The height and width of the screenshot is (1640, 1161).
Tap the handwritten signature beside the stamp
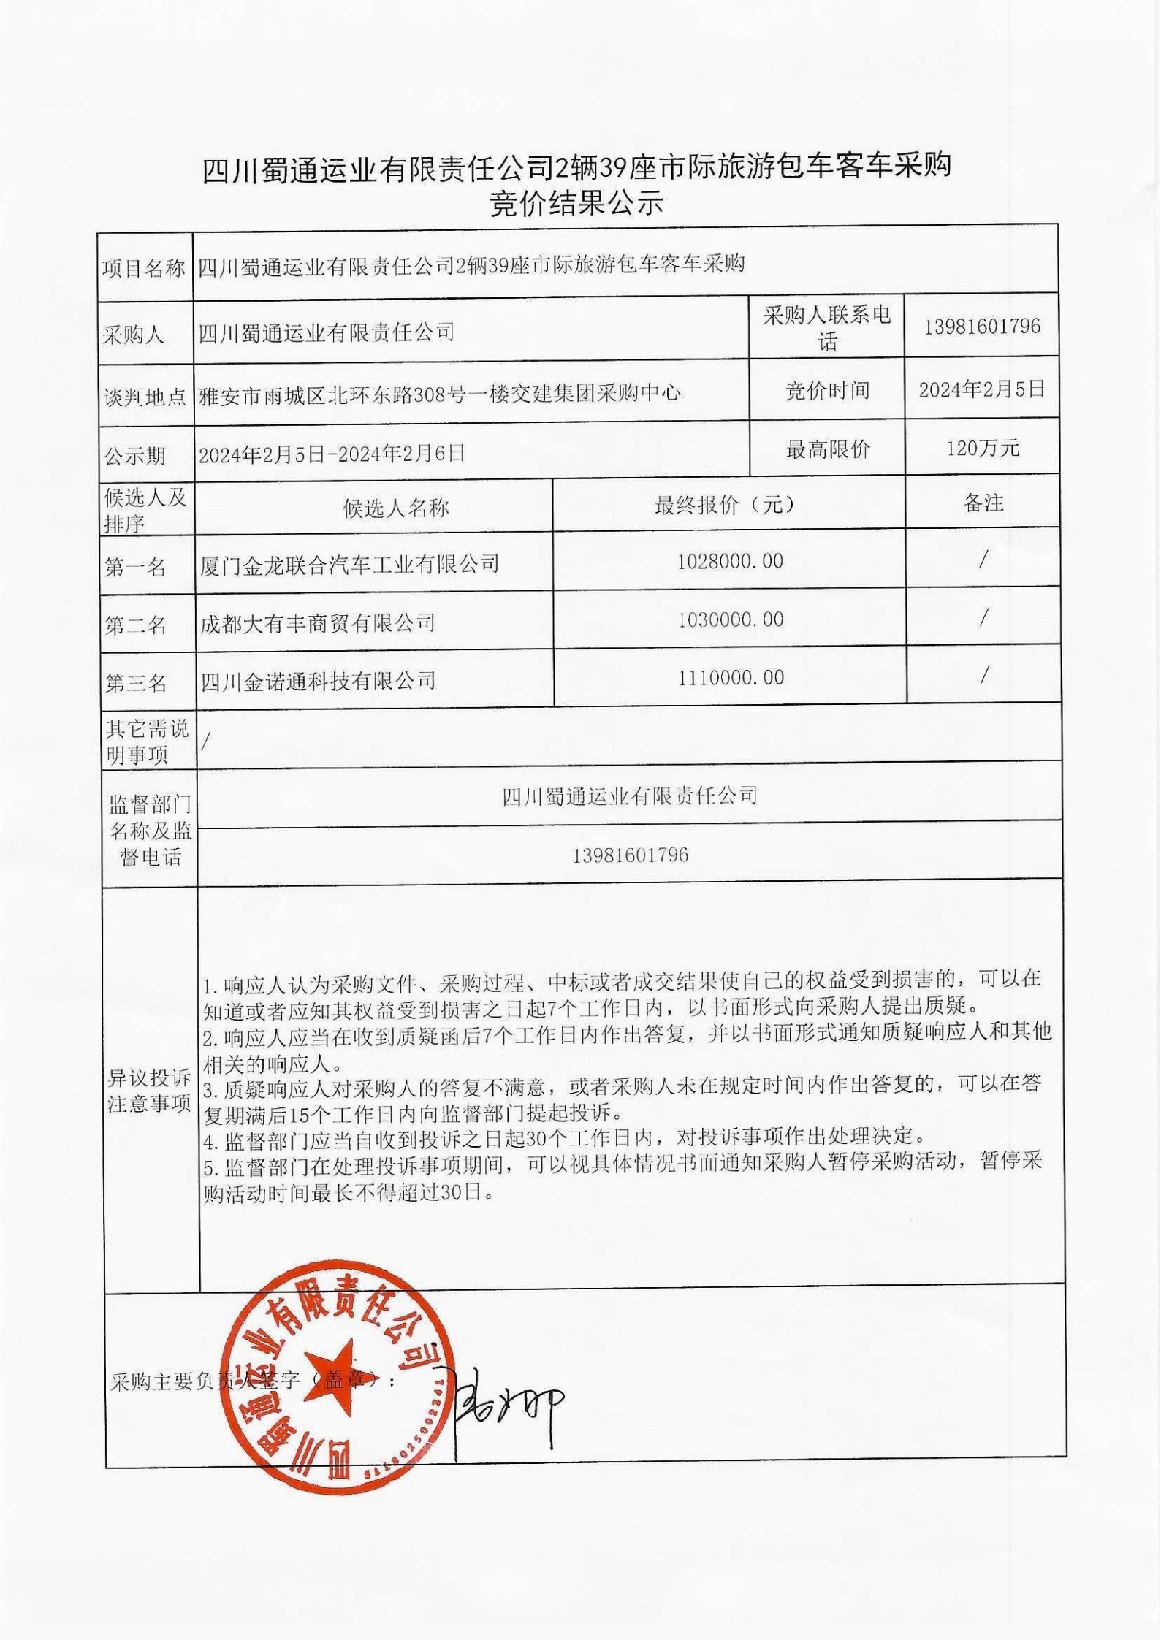click(504, 1406)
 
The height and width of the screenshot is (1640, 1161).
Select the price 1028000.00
click(730, 561)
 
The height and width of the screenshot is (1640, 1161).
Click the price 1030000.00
click(730, 619)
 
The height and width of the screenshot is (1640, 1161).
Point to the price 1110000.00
click(731, 677)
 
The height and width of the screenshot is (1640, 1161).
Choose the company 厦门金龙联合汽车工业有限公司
click(349, 564)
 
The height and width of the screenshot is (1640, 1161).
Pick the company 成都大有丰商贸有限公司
click(318, 622)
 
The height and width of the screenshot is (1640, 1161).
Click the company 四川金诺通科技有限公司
click(319, 681)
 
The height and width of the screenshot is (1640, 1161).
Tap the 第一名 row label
click(136, 567)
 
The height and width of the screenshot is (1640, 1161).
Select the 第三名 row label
click(137, 683)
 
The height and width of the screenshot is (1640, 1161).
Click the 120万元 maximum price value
click(983, 448)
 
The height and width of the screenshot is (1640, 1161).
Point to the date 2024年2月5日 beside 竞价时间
click(982, 389)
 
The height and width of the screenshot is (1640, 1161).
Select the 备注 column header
click(983, 503)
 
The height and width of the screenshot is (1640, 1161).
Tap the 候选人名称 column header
click(395, 508)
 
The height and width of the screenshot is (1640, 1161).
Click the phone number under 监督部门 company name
click(630, 855)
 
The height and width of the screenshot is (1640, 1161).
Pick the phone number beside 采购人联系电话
click(982, 326)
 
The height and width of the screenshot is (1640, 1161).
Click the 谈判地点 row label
click(144, 397)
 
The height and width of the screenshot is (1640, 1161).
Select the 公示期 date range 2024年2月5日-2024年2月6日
click(332, 454)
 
